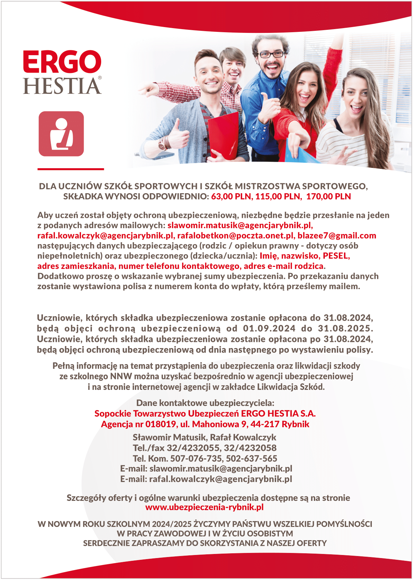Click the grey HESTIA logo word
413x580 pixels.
coord(62,86)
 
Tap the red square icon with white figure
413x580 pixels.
coord(61,134)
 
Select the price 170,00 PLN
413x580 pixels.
coord(328,197)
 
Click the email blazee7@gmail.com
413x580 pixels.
coord(337,236)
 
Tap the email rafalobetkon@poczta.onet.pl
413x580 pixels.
coord(236,236)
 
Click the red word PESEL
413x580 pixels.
coord(336,256)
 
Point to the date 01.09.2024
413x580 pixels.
coord(269,329)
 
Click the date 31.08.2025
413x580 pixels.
coord(345,329)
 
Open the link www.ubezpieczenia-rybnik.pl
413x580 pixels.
coord(204,507)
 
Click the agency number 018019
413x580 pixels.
coord(161,424)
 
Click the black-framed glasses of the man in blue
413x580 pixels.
coord(271,54)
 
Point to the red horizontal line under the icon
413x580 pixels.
coord(71,169)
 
